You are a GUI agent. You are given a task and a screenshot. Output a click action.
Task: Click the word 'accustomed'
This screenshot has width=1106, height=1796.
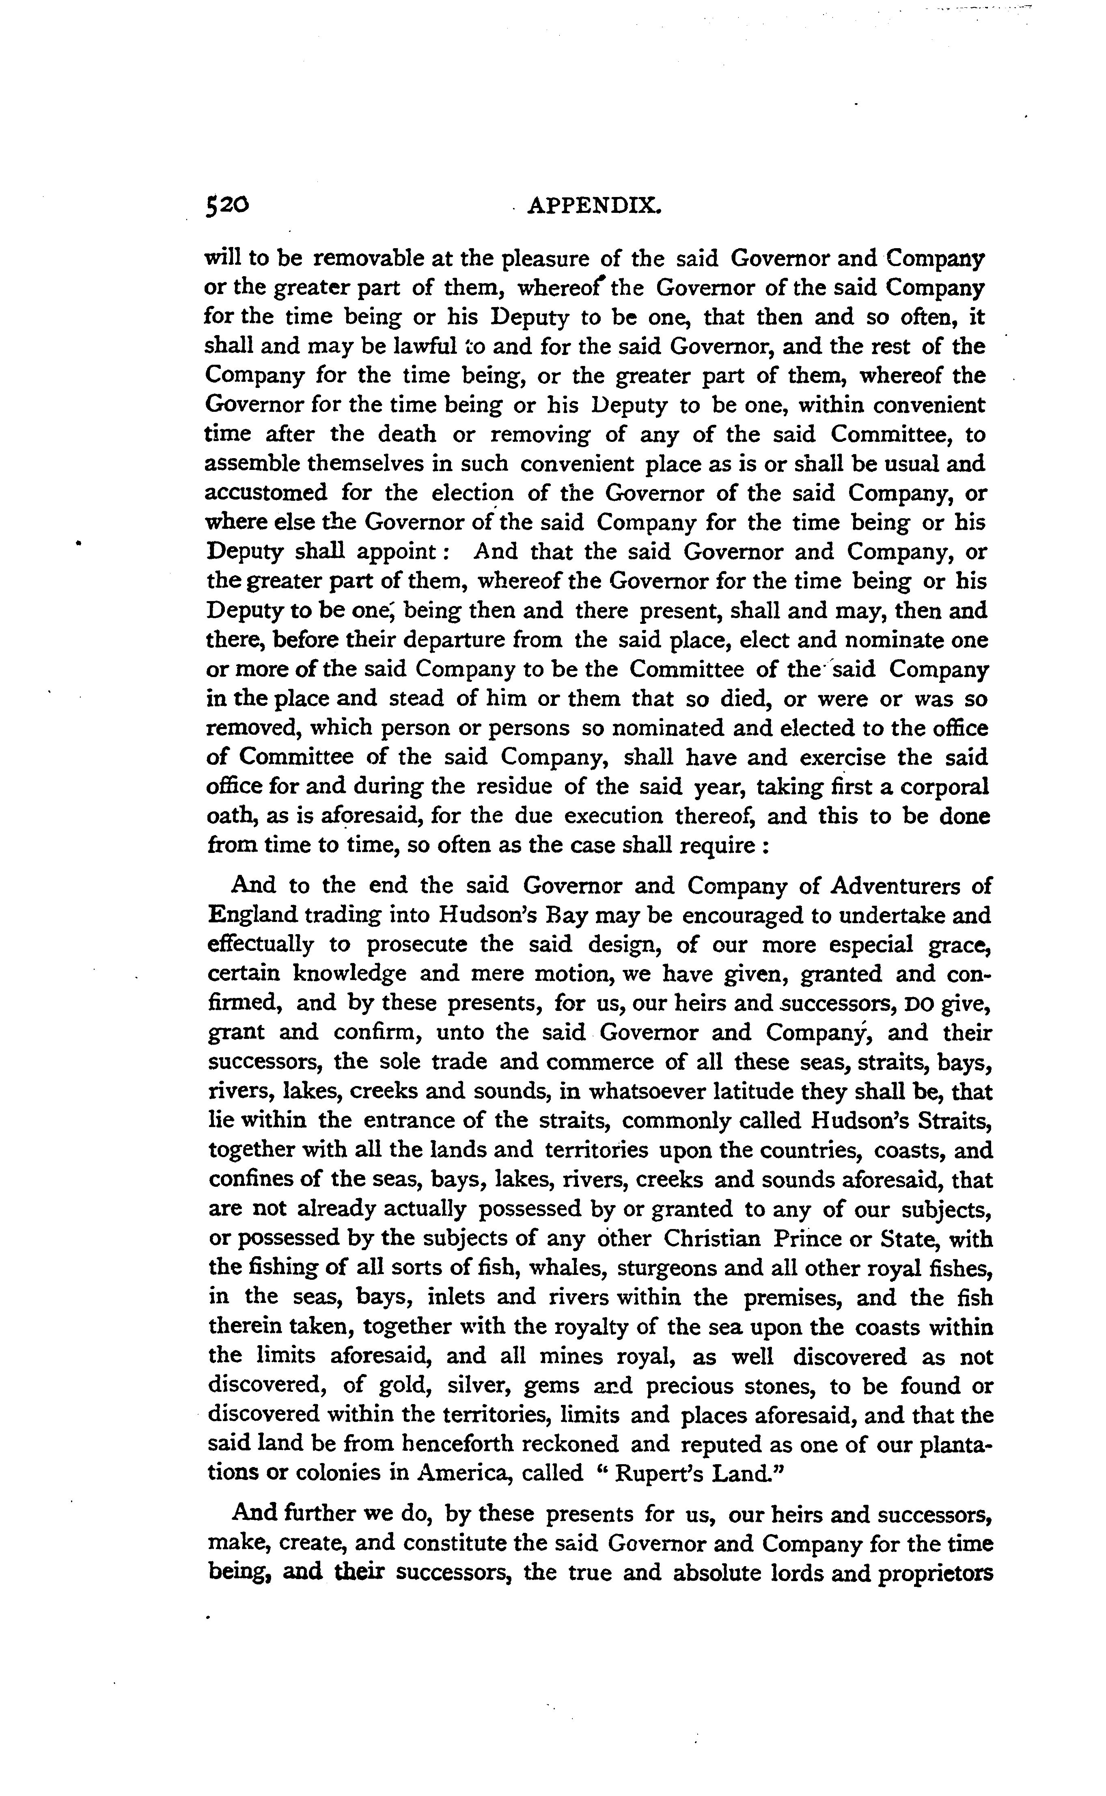(265, 493)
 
